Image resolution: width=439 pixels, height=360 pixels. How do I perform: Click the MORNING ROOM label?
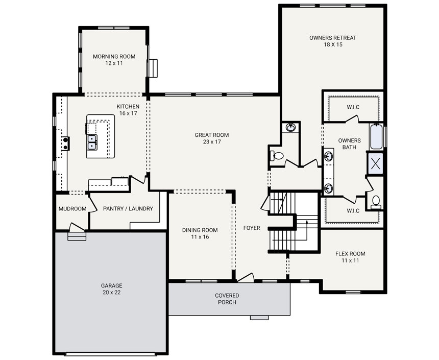[114, 60]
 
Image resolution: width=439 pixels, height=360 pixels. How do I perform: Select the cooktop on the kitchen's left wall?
[65, 143]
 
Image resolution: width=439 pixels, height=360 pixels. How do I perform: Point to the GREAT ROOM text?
[211, 138]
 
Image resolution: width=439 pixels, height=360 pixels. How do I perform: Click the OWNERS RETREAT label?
[332, 41]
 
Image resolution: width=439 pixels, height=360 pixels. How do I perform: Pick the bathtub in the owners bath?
[376, 136]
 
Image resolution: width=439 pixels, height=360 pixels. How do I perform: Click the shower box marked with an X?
[376, 163]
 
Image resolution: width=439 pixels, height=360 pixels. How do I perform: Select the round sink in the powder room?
[290, 127]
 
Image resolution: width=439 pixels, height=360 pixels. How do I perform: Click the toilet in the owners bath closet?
[376, 201]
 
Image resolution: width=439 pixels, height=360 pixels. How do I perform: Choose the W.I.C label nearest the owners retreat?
[353, 107]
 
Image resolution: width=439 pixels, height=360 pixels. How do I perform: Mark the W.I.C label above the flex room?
[353, 210]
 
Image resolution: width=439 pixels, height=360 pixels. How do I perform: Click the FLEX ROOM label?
[350, 257]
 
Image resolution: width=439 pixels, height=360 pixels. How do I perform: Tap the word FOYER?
[252, 228]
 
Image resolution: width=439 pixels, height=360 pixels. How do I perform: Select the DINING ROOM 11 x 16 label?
[200, 233]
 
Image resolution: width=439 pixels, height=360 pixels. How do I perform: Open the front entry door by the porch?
[246, 278]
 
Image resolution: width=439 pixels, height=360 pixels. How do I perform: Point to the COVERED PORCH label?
[227, 299]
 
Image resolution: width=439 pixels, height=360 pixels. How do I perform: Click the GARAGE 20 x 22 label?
[111, 289]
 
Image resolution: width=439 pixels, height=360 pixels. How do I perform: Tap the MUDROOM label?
[72, 209]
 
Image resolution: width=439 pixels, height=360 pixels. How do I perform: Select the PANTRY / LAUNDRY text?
[128, 209]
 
